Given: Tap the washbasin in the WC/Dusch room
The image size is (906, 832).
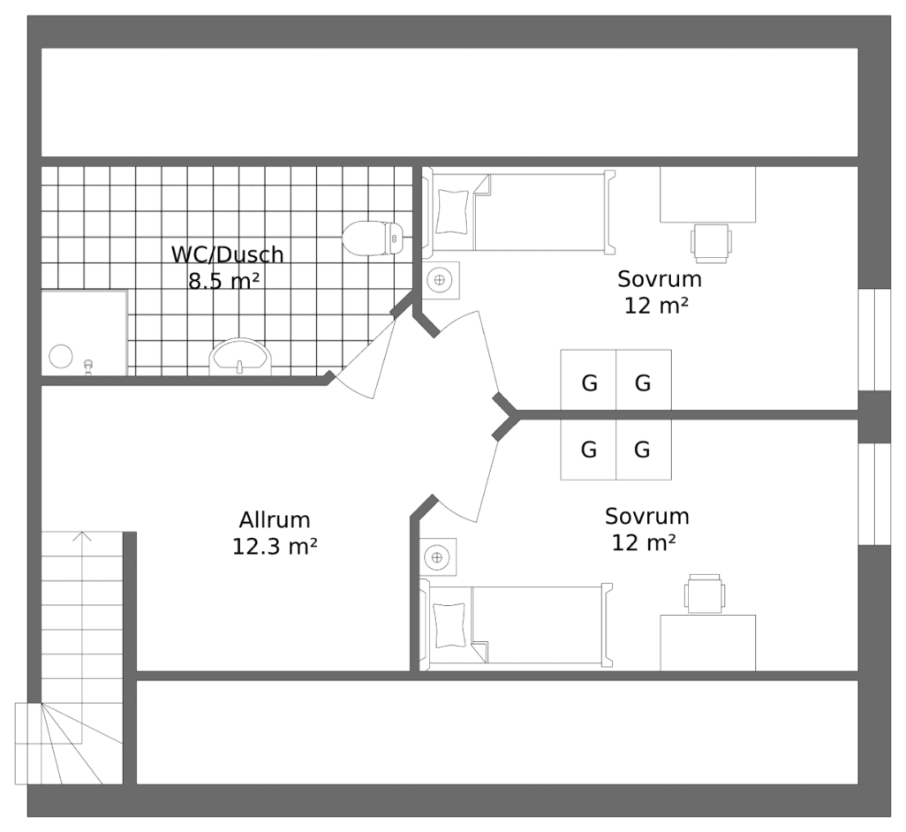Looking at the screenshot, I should [240, 357].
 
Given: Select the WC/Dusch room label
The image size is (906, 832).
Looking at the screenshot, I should [227, 255].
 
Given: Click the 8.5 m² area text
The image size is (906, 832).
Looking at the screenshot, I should [223, 282].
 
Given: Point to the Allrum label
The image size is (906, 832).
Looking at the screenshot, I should [275, 520].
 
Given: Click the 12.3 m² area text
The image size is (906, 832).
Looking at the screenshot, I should [275, 547].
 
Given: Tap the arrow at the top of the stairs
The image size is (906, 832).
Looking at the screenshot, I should [81, 536].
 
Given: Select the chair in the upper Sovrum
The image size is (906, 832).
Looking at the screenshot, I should [711, 243].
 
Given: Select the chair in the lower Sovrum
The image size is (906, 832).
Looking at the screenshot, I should [705, 594].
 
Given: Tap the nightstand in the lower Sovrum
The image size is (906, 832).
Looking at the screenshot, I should [437, 556].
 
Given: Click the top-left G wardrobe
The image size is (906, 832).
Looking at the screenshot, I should [588, 382].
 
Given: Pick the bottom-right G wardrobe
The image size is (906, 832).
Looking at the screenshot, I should [643, 450].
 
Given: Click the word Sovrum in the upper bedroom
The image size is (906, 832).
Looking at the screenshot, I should [659, 279].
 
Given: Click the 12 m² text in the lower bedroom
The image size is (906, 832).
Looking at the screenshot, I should [643, 542].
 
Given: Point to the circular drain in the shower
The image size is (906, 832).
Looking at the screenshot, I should [61, 357].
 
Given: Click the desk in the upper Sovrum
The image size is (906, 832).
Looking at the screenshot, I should [707, 194].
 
